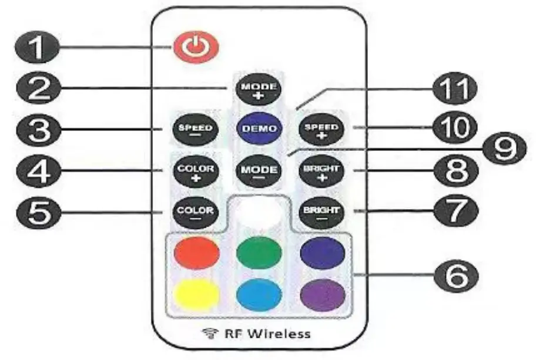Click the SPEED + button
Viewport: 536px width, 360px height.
pyautogui.click(x=323, y=129)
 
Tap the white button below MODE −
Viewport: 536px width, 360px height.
pyautogui.click(x=259, y=211)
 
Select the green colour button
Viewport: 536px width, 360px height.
pyautogui.click(x=259, y=253)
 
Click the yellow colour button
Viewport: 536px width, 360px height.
pyautogui.click(x=196, y=294)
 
